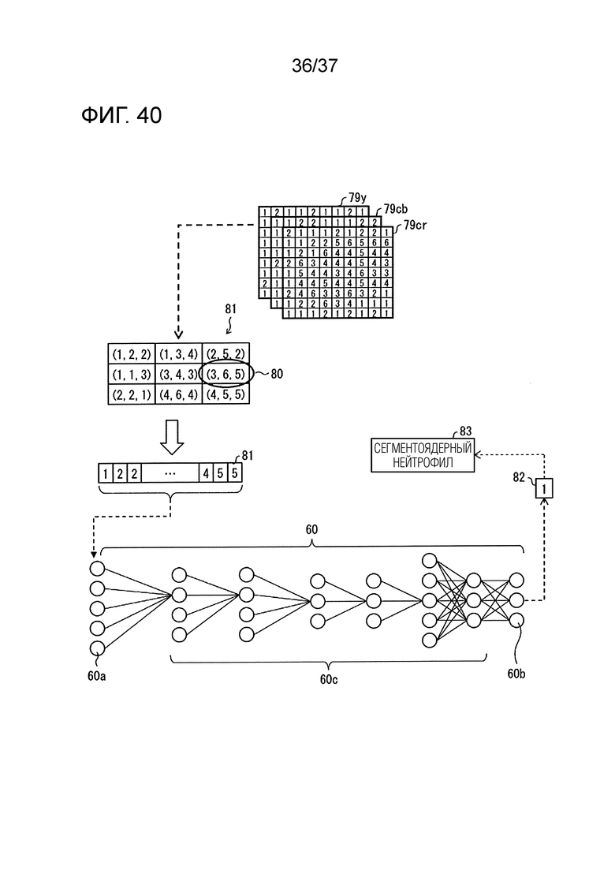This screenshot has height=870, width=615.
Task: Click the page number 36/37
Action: (x=315, y=66)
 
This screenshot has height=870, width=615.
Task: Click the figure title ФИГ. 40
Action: (x=121, y=115)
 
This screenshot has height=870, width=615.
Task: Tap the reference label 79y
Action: (x=357, y=197)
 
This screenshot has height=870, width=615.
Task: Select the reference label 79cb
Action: (x=395, y=209)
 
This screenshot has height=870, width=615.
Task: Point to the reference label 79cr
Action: (x=415, y=225)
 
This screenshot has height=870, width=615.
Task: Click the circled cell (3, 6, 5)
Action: (x=225, y=374)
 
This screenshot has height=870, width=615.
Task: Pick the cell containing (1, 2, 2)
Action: (x=132, y=354)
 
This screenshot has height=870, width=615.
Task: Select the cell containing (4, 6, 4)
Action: (x=178, y=394)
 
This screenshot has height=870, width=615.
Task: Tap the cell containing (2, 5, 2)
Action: (x=225, y=354)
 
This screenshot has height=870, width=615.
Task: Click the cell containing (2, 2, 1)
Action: (x=132, y=394)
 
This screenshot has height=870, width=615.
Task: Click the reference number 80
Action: (x=277, y=374)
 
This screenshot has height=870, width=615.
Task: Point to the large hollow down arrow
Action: (x=172, y=436)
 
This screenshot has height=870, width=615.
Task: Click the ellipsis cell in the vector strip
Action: (x=170, y=473)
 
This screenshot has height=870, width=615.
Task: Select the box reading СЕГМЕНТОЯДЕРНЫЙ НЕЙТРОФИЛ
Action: (x=423, y=456)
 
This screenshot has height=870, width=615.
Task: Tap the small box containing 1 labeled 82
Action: (x=544, y=488)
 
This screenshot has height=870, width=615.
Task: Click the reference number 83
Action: (x=465, y=431)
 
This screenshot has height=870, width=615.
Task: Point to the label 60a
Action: (x=96, y=676)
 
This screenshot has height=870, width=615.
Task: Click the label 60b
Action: (x=516, y=674)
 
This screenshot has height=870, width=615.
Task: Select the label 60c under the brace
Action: (x=328, y=680)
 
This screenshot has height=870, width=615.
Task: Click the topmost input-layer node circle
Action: (x=97, y=569)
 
